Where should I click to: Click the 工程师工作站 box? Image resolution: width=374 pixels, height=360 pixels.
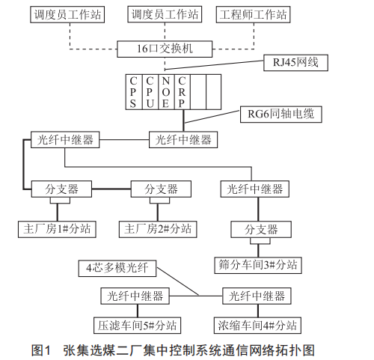(x=253, y=14)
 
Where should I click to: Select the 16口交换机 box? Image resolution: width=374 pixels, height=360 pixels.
(x=165, y=49)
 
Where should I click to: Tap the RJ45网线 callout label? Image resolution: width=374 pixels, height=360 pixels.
(x=295, y=63)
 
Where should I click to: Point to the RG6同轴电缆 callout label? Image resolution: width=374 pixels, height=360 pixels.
(x=281, y=115)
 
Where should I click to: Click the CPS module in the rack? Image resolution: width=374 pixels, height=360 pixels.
(x=134, y=92)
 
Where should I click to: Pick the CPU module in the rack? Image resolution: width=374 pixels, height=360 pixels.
(x=150, y=92)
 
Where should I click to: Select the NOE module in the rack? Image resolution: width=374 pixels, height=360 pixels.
(x=166, y=92)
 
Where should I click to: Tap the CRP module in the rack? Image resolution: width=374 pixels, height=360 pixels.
(x=183, y=92)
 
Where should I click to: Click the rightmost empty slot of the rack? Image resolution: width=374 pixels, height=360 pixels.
(x=214, y=92)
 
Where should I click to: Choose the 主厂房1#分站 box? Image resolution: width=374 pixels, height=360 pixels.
(x=57, y=229)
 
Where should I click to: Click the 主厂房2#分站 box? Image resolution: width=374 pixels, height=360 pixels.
(x=158, y=229)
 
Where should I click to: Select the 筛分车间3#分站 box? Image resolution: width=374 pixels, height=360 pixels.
(x=258, y=265)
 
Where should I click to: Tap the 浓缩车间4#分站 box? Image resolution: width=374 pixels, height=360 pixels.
(x=257, y=326)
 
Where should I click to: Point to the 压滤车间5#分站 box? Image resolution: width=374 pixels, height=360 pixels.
(x=138, y=326)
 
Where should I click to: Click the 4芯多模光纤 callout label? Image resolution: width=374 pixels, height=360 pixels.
(x=117, y=269)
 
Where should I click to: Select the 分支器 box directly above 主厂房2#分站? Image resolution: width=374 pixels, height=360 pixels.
(x=161, y=189)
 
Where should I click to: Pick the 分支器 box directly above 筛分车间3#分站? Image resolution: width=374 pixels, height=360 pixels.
(x=261, y=229)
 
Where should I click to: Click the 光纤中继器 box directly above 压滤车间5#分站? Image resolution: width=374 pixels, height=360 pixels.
(x=135, y=296)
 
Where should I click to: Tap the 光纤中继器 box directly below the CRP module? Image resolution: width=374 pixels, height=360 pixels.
(x=183, y=140)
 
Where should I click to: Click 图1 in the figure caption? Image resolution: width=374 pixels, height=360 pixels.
(x=41, y=350)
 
